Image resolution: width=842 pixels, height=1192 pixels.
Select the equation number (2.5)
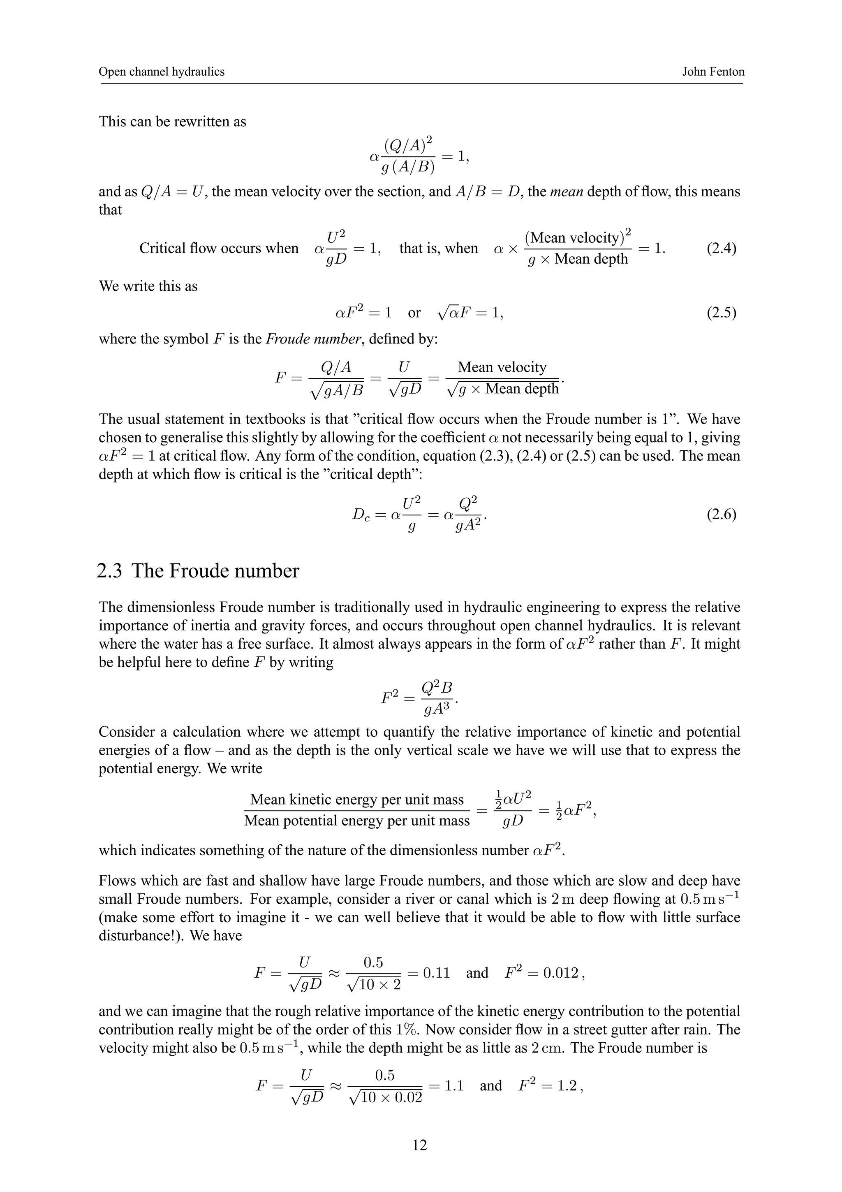721,313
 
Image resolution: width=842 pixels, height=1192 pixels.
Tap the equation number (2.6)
721,515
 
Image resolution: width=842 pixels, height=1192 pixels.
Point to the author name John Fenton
713,72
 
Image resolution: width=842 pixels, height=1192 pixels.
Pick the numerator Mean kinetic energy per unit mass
357,800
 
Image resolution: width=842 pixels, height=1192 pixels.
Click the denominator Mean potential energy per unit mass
357,821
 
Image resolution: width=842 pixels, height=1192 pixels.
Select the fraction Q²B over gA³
437,698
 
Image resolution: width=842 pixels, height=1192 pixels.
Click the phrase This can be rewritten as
172,122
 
